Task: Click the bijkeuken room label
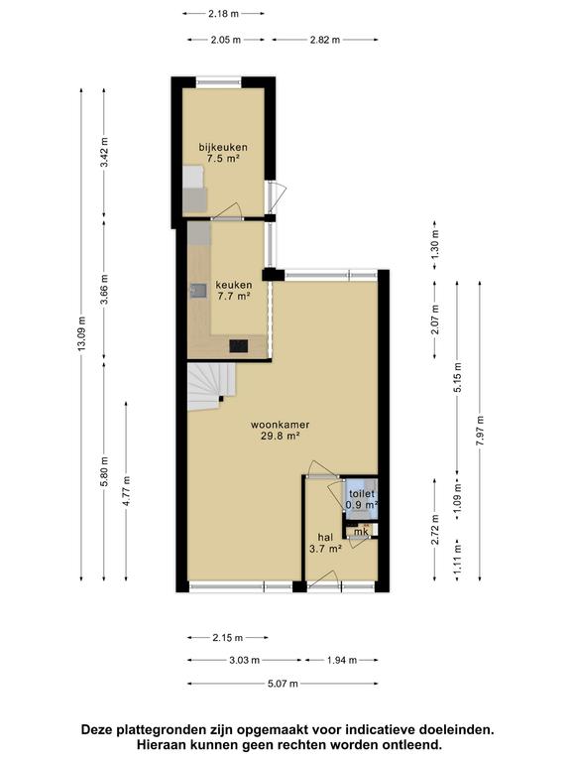coord(223,147)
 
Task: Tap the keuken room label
coord(234,285)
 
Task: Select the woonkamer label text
coord(281,425)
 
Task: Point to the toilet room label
coord(362,494)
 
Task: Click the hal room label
coord(325,537)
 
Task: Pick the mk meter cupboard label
coord(360,532)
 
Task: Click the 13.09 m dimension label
coord(81,333)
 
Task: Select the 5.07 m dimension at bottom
coord(283,684)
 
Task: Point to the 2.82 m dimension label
coord(325,40)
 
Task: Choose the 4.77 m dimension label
coord(126,491)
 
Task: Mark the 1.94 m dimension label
coord(342,660)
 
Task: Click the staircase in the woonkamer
coord(212,387)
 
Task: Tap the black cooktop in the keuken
coord(238,346)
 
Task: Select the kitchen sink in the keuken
coord(198,291)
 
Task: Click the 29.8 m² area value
coord(281,436)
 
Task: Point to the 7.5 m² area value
coord(223,158)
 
